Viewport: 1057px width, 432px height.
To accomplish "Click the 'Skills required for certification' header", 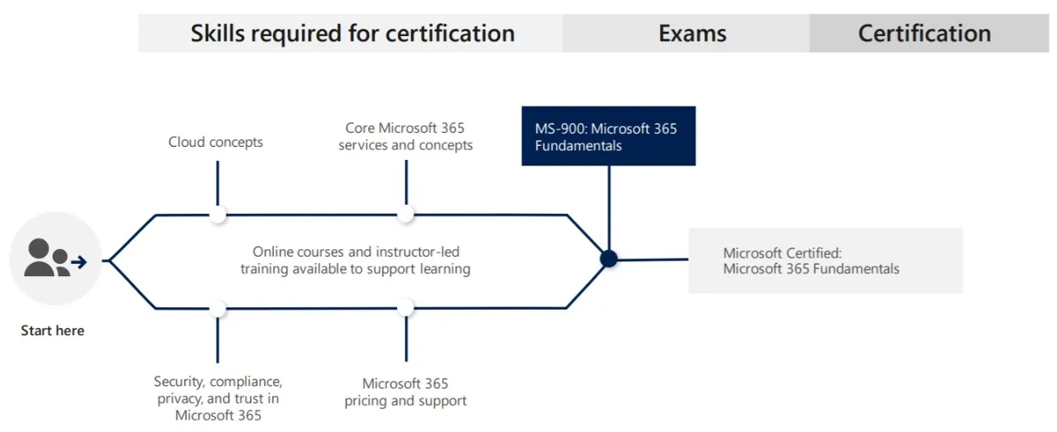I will [x=353, y=34].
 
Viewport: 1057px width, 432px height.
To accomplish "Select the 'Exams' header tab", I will [x=692, y=34].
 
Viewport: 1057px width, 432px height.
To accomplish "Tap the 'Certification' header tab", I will [x=924, y=34].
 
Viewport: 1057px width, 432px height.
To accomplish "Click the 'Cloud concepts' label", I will [x=216, y=142].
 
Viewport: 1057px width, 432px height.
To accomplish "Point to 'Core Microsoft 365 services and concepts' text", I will [x=406, y=137].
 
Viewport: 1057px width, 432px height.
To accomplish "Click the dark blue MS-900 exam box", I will [x=608, y=136].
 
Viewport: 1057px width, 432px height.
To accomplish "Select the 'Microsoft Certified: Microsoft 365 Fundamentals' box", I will [x=824, y=261].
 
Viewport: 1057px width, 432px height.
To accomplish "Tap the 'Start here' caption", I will [x=52, y=331].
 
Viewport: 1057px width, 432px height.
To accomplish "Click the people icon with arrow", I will [x=55, y=258].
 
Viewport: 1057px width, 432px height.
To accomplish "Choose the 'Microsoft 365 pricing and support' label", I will [x=405, y=392].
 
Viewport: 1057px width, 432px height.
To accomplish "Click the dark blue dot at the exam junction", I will [x=608, y=259].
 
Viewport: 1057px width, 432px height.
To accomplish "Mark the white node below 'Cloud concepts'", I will [x=217, y=215].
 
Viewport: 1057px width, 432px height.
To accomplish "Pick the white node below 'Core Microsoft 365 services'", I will [x=406, y=215].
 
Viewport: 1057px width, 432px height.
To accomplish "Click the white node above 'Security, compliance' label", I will [x=217, y=308].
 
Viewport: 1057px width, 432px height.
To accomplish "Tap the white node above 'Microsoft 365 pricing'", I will [x=406, y=308].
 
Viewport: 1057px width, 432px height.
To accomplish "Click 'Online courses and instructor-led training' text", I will [x=356, y=260].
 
